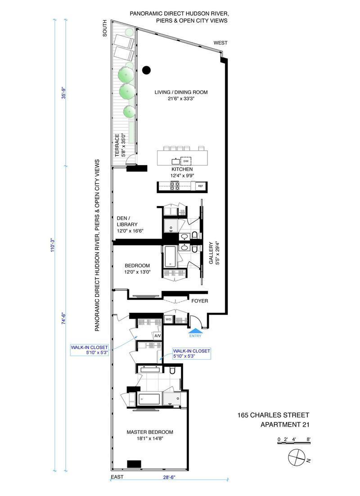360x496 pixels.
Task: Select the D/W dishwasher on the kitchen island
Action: click(x=185, y=160)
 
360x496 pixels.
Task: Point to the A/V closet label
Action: click(x=157, y=336)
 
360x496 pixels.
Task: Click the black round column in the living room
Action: click(x=146, y=70)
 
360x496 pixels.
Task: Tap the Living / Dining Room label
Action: click(x=181, y=96)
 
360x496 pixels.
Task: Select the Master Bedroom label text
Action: click(x=149, y=436)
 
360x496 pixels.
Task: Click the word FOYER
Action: click(x=199, y=301)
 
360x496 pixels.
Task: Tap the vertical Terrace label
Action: click(x=119, y=145)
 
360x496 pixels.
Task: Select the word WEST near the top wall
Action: click(x=220, y=43)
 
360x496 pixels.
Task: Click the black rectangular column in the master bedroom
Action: click(x=134, y=464)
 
